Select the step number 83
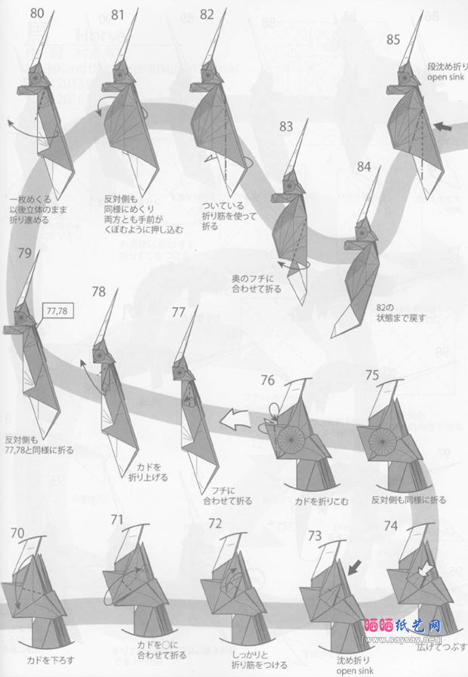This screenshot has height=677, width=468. (x=285, y=126)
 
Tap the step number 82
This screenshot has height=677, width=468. (x=208, y=14)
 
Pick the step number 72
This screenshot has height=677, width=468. (x=215, y=523)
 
